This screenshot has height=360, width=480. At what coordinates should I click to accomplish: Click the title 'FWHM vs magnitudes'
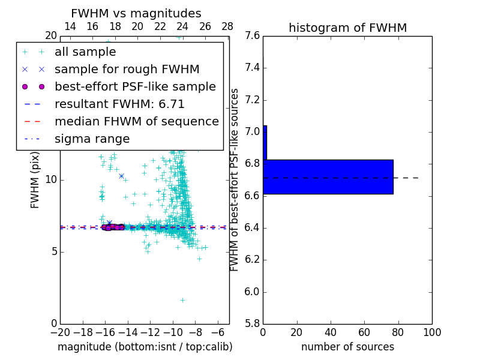136,13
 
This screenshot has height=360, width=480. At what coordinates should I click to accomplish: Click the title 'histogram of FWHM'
347,28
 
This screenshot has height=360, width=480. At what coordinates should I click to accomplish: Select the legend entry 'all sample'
85,52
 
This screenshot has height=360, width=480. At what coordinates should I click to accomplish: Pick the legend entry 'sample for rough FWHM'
127,70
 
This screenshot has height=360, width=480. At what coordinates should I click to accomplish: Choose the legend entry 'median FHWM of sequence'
136,122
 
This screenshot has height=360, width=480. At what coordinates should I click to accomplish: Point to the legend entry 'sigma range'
92,139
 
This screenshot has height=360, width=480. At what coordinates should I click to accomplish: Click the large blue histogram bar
328,177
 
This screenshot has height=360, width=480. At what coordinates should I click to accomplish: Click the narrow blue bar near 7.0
265,142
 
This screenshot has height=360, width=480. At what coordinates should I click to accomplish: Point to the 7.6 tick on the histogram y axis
253,36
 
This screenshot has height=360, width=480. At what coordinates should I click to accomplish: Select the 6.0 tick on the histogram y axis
253,292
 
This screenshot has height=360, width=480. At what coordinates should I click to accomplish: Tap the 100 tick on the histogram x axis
431,332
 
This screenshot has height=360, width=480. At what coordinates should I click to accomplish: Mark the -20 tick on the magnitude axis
60,332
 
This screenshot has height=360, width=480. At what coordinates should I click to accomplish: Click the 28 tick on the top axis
227,26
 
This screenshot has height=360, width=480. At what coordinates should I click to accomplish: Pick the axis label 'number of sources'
347,347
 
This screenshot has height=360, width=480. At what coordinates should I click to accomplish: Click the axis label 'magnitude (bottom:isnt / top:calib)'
145,347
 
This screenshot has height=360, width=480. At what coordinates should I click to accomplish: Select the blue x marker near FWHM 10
121,176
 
